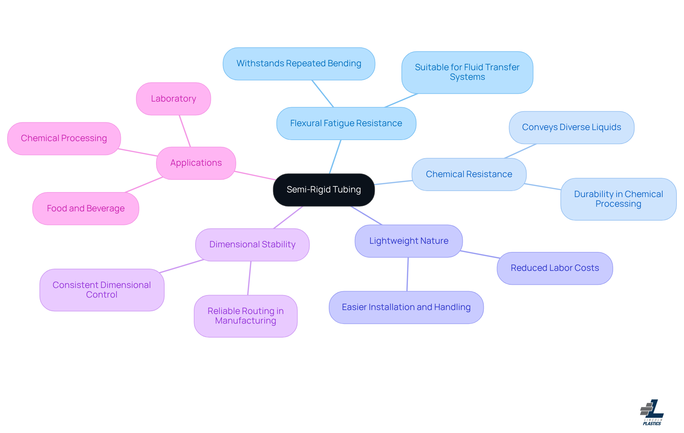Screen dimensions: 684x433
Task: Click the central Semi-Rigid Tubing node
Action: [324, 190]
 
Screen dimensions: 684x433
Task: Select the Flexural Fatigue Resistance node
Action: [346, 123]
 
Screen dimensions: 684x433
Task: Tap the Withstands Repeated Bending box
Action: [299, 64]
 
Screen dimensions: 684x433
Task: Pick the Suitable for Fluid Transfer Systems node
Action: [467, 72]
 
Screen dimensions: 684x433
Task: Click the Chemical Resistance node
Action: [469, 174]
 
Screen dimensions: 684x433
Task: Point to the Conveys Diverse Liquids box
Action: [571, 128]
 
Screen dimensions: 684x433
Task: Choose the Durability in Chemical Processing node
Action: [618, 199]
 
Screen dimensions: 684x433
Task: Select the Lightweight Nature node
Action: [409, 241]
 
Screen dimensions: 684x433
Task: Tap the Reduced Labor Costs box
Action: [555, 268]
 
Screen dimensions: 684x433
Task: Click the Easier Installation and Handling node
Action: [406, 307]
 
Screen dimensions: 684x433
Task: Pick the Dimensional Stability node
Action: [252, 245]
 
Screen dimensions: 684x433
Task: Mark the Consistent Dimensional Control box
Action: [102, 290]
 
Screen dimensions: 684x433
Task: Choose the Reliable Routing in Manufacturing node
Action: [245, 316]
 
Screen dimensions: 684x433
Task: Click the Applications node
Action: [196, 163]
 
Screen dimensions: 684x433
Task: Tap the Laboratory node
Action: [173, 99]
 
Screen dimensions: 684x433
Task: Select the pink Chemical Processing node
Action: [64, 139]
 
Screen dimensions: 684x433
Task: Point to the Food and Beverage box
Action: [86, 208]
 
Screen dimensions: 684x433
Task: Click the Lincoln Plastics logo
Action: [652, 412]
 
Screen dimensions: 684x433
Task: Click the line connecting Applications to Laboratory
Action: [185, 131]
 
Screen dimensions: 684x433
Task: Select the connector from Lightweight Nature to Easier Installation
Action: [408, 274]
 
